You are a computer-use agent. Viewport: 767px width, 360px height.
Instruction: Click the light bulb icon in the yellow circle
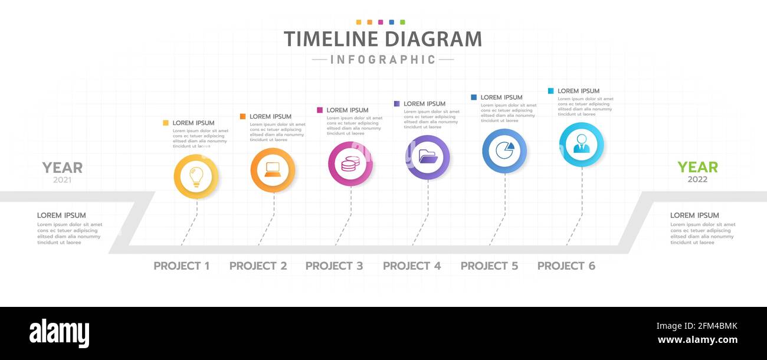click(x=196, y=176)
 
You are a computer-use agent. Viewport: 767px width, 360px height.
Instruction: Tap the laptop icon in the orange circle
click(x=273, y=170)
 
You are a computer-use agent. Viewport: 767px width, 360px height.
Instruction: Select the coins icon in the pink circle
click(x=350, y=163)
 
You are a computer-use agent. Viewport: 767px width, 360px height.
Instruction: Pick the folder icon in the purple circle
click(x=427, y=157)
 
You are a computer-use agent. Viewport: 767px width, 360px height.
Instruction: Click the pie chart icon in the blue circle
click(x=504, y=150)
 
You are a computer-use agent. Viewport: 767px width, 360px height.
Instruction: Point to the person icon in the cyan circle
click(x=581, y=144)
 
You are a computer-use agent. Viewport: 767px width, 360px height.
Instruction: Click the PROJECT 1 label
click(x=181, y=266)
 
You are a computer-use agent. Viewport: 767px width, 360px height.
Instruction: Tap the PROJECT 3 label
click(x=334, y=266)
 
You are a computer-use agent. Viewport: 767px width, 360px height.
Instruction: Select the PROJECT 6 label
click(x=566, y=266)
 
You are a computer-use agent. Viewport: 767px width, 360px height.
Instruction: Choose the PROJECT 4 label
click(x=411, y=266)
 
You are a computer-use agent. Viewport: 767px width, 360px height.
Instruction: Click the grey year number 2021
click(x=62, y=180)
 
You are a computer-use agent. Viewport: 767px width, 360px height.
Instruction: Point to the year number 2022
click(x=697, y=179)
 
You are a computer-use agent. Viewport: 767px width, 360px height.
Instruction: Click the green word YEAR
click(x=697, y=168)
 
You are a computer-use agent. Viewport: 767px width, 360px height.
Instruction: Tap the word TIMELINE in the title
click(x=331, y=40)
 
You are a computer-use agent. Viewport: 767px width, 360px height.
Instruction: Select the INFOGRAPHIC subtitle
click(x=383, y=60)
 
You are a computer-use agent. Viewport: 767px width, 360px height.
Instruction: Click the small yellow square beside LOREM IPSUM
click(x=166, y=123)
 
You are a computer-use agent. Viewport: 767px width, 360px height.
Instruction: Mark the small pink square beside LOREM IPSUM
click(x=320, y=110)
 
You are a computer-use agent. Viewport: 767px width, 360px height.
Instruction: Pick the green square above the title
click(x=402, y=22)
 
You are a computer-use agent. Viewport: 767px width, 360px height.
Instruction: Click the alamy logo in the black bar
click(x=59, y=333)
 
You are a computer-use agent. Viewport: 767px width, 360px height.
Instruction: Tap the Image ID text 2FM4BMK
click(x=697, y=326)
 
